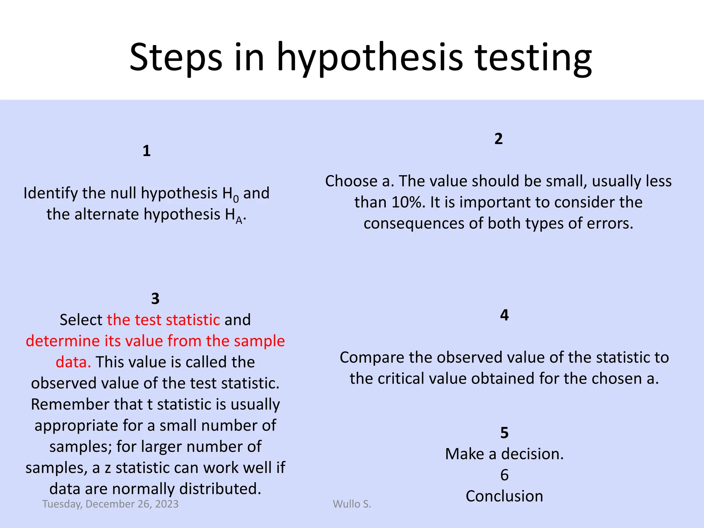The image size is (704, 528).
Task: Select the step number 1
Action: [x=146, y=151]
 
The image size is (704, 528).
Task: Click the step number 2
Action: [x=498, y=139]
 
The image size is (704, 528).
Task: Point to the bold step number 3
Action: [x=155, y=299]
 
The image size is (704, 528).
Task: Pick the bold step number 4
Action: [x=504, y=315]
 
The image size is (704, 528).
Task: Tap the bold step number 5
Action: [x=504, y=433]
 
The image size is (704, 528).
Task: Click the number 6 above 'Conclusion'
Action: [x=504, y=475]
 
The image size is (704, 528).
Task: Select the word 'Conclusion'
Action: [x=504, y=496]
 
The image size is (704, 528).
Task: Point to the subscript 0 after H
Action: [x=236, y=199]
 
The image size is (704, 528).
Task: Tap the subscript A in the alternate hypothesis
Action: [x=239, y=220]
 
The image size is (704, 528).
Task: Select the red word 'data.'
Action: [x=73, y=362]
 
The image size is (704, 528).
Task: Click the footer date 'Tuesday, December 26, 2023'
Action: [x=110, y=504]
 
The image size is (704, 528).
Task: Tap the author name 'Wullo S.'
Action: [x=352, y=504]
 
